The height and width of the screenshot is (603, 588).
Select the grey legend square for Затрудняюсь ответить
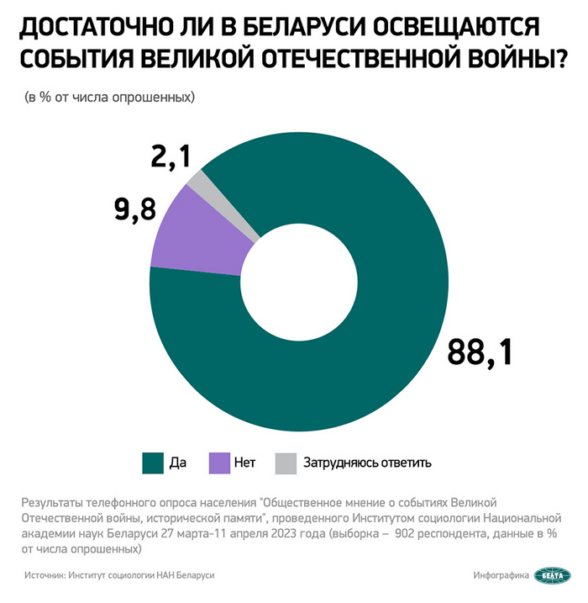[286, 462]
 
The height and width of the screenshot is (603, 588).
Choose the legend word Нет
[245, 462]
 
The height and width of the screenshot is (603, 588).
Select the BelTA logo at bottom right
[554, 575]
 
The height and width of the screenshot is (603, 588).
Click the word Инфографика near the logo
[501, 575]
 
